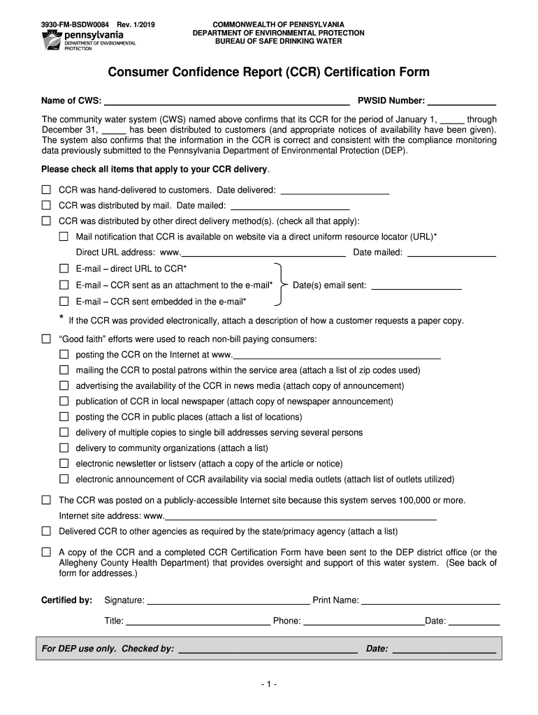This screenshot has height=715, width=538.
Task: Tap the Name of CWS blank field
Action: point(226,101)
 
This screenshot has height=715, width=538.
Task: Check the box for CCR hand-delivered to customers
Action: point(46,190)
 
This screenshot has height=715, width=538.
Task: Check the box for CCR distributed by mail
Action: point(46,205)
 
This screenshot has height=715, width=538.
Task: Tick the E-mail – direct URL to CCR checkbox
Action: point(64,269)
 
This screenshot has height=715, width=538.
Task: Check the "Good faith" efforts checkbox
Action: point(46,339)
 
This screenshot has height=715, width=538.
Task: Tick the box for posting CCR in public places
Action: point(64,417)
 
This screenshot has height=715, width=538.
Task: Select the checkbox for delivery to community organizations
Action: point(64,448)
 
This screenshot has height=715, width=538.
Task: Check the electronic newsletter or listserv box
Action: point(64,464)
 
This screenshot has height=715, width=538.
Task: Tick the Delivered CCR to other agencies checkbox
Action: point(46,531)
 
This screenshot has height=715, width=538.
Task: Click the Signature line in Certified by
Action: point(228,600)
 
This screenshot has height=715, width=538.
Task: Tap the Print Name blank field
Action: point(430,600)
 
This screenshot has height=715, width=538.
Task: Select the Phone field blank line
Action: point(363,621)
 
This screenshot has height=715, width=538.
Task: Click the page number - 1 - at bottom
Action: point(268,685)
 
